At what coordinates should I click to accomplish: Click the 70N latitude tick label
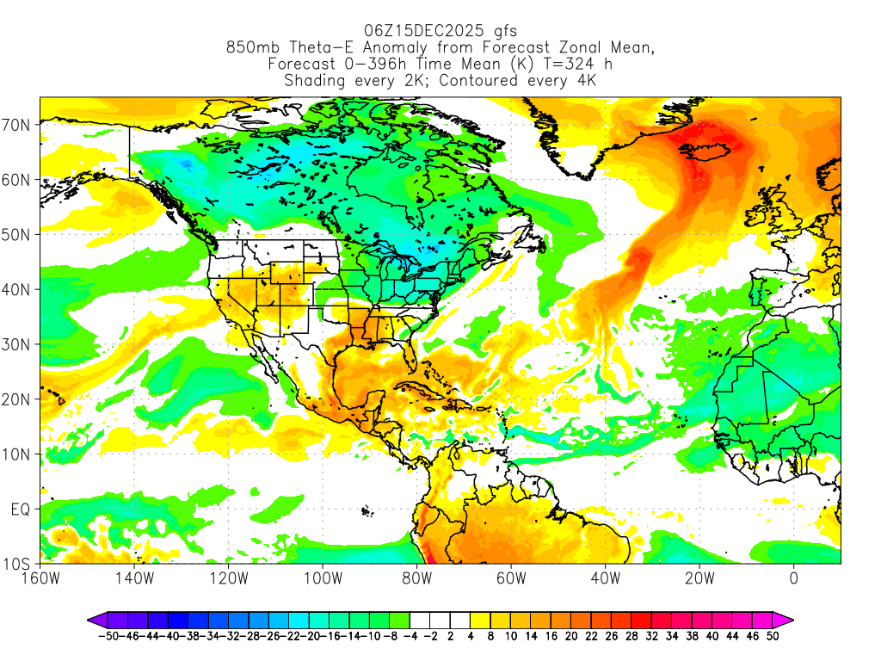pos(18,125)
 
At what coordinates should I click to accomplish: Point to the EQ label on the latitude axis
pos(20,510)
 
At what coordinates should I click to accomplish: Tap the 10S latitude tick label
pos(18,565)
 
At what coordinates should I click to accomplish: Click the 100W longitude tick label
pos(323,579)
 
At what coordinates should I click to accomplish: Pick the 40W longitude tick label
pos(605,579)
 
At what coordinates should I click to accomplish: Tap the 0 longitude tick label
pos(792,579)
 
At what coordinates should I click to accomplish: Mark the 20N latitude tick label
pos(18,399)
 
